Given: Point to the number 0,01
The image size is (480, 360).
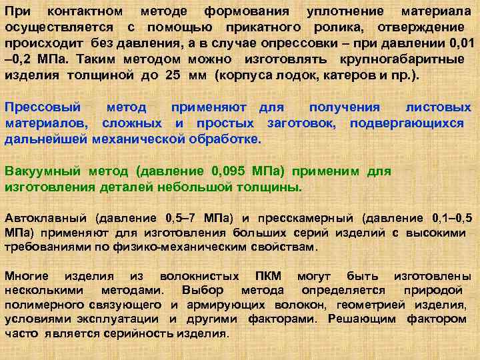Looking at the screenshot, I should (x=459, y=43).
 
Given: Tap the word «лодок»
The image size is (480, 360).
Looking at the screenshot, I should (x=290, y=75).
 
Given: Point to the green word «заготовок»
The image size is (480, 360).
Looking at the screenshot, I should (x=303, y=123).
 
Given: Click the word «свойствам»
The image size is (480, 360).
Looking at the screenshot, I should (x=285, y=247).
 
